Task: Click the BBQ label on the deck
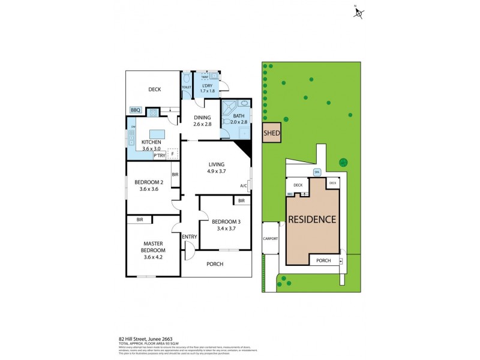(136, 110)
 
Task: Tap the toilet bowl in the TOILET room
(187, 79)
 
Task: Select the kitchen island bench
(157, 133)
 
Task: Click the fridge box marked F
(173, 154)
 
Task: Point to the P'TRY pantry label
(159, 155)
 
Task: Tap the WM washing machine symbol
(205, 77)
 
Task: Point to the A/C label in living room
(244, 185)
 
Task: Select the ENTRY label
(190, 236)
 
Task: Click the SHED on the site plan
(272, 133)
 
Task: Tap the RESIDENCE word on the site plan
(312, 219)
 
